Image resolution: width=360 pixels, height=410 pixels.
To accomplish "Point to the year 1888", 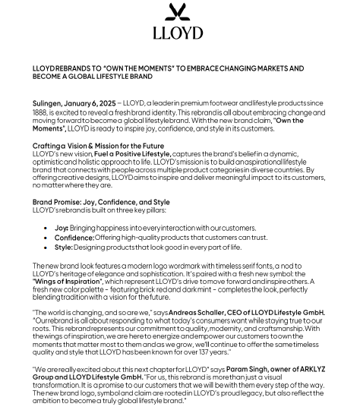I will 40,111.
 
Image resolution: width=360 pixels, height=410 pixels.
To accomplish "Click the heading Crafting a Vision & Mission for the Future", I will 98,146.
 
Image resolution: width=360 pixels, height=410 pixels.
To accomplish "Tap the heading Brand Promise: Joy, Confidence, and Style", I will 101,203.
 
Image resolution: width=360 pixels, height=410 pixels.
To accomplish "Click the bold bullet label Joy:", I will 62,227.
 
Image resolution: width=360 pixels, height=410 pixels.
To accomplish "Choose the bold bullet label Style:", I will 64,248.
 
